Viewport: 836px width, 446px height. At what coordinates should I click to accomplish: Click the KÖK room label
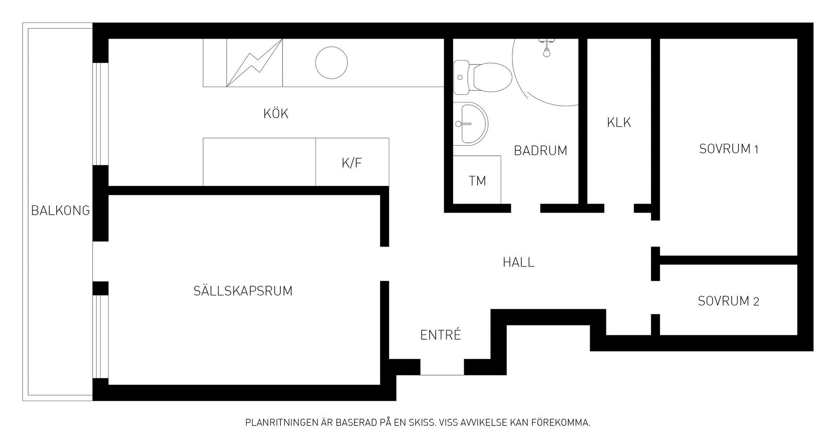tap(276, 114)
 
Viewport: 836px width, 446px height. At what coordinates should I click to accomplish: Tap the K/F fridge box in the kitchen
tap(352, 162)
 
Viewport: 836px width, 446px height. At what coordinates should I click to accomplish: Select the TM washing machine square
tap(477, 180)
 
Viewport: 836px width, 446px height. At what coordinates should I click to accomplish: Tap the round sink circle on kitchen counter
tap(331, 63)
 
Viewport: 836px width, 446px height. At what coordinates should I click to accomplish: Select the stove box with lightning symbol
tap(254, 63)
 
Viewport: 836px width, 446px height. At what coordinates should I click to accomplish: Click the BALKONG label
tap(61, 211)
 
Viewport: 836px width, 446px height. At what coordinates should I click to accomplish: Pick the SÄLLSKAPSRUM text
tap(243, 291)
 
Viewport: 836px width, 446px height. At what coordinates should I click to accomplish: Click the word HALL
tap(518, 263)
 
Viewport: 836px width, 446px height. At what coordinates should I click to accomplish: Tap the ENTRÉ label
tap(440, 335)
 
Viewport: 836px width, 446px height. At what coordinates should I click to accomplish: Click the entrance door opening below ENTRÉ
tap(442, 368)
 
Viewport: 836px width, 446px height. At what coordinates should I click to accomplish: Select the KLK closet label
tap(619, 122)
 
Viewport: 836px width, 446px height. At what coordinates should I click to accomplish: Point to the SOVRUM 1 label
tap(729, 149)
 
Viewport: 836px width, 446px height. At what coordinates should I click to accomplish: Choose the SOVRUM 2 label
tap(728, 301)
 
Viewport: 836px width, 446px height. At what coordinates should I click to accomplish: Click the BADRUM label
tap(540, 151)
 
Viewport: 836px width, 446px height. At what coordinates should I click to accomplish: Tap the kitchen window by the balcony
tap(101, 115)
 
